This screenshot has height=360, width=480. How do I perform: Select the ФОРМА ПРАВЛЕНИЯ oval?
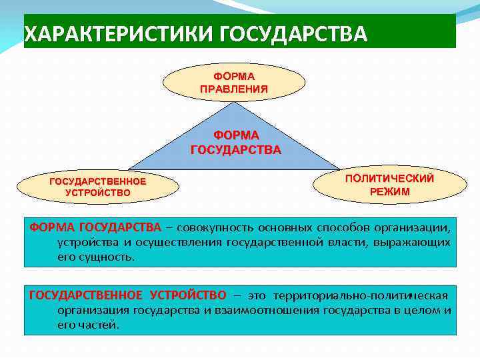point(234,83)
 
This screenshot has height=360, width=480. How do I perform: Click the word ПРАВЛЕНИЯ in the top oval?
point(234,89)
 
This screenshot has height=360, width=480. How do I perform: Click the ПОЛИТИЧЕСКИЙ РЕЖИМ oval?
point(389,185)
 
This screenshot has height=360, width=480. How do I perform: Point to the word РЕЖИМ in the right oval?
point(389,191)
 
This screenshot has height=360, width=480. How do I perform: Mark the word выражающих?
point(421,241)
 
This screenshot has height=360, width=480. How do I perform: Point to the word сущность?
point(103,256)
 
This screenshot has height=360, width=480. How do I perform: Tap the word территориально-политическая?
point(360,295)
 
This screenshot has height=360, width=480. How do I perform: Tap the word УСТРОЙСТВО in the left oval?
point(98,193)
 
